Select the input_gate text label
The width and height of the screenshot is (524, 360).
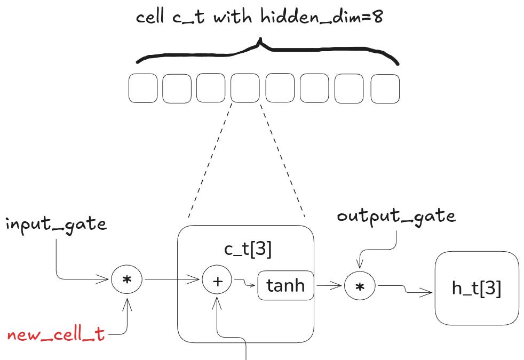56,224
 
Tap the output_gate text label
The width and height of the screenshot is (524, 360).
396,216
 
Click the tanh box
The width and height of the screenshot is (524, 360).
285,286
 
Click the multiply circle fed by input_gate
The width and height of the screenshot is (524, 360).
126,279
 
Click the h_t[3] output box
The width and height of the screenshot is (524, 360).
477,289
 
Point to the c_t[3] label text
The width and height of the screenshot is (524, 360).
247,250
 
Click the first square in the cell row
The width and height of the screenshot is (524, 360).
143,89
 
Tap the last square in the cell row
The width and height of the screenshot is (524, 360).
385,89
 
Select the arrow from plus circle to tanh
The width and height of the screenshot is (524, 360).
244,283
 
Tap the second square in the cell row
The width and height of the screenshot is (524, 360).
177,89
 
